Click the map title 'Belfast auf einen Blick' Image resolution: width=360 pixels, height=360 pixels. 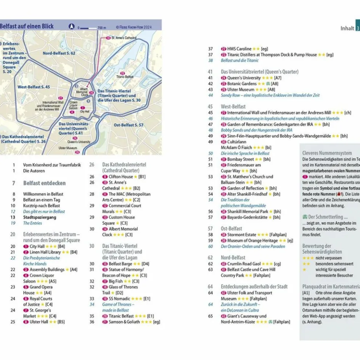[x=26, y=26]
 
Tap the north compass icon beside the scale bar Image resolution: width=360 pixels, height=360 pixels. [x=71, y=27]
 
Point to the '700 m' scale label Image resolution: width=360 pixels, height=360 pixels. [x=102, y=28]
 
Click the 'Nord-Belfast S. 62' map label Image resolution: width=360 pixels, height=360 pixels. [x=59, y=53]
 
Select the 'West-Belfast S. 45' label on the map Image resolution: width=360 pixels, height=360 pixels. [x=34, y=87]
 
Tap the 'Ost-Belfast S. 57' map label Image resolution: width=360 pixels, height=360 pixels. [x=129, y=125]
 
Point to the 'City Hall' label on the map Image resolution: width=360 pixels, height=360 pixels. [x=85, y=111]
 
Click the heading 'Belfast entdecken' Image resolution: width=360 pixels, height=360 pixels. [x=44, y=183]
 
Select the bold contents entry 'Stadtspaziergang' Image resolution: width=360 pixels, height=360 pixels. [x=40, y=217]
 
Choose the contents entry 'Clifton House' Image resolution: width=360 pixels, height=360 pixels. [x=121, y=177]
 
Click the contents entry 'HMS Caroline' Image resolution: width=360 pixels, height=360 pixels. [x=239, y=49]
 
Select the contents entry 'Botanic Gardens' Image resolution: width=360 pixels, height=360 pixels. [x=242, y=84]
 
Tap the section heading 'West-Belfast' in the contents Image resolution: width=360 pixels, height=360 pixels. [x=233, y=107]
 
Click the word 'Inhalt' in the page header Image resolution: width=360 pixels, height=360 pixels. [x=347, y=28]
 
